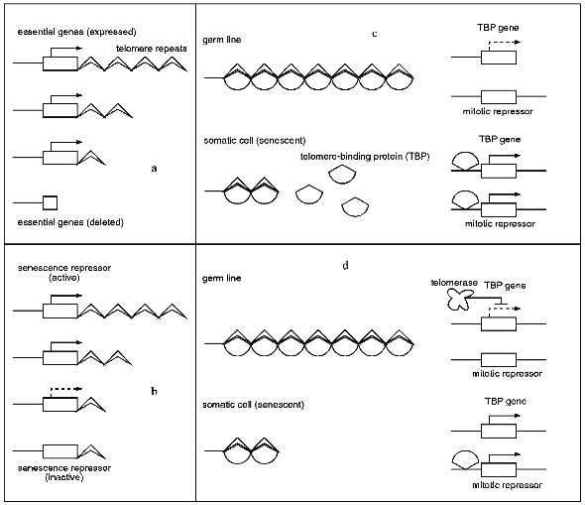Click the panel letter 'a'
(x=154, y=169)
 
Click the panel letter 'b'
(x=154, y=391)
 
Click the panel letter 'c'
(x=374, y=34)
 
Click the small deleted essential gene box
(x=50, y=202)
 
